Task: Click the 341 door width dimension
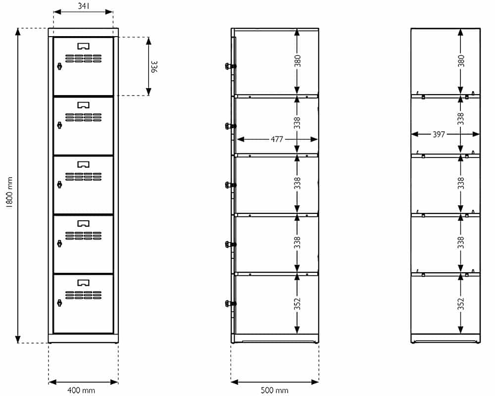click(x=84, y=6)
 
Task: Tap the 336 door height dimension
click(x=154, y=67)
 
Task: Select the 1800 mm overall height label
click(x=9, y=193)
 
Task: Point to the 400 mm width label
click(x=81, y=391)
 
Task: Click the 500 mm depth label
click(x=274, y=391)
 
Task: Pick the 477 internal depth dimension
click(x=277, y=139)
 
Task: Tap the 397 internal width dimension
click(x=439, y=135)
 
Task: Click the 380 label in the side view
click(x=297, y=61)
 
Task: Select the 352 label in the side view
click(x=297, y=304)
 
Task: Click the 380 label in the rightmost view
click(x=461, y=61)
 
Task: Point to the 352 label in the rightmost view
click(x=461, y=304)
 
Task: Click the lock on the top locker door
click(x=59, y=66)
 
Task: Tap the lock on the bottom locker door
click(x=59, y=303)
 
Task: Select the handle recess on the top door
click(x=83, y=47)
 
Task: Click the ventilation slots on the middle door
click(x=83, y=177)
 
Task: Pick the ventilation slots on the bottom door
click(x=83, y=295)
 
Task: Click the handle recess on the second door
click(x=83, y=105)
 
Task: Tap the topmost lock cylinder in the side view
click(x=231, y=66)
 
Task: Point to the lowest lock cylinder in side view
click(x=231, y=303)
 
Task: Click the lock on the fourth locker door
click(x=59, y=244)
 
